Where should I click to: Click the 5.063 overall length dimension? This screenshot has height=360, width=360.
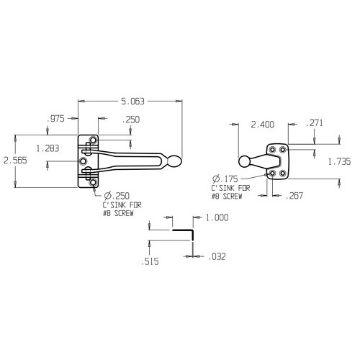coord(132,94)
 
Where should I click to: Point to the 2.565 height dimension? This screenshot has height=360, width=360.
coord(14,161)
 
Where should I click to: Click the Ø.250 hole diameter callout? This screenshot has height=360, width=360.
coord(117,195)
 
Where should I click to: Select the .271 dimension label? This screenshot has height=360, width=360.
coord(315,124)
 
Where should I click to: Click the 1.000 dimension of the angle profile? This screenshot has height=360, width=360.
coord(217,217)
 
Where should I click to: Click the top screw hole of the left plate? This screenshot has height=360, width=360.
coord(93,140)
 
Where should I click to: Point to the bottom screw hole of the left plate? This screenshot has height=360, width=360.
coord(93,184)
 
